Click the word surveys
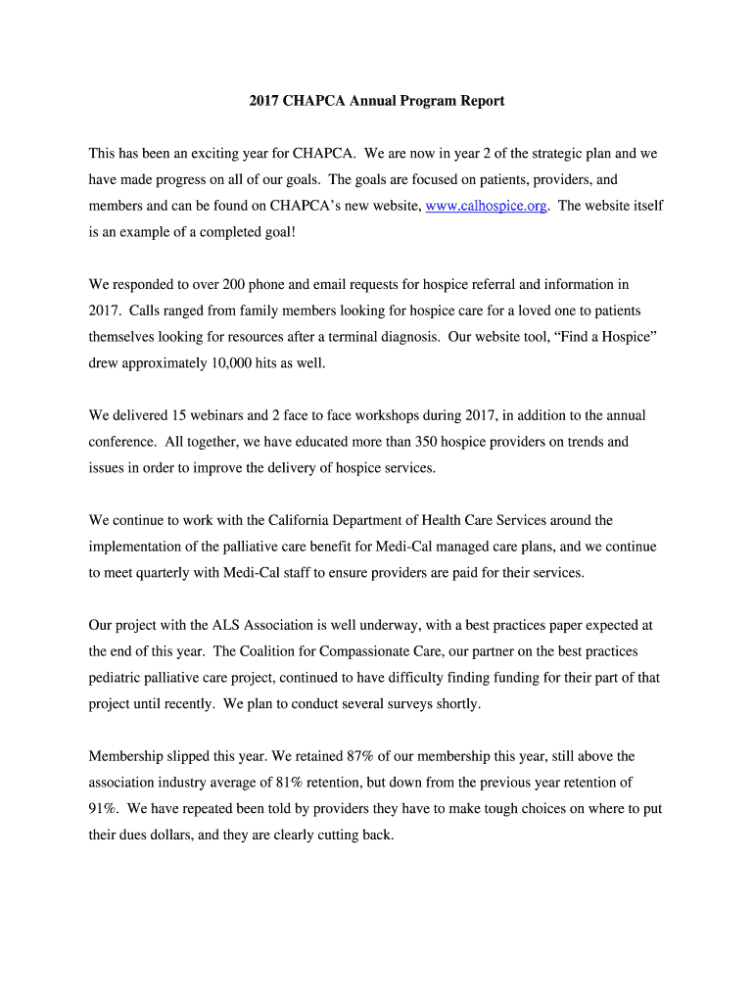[425, 704]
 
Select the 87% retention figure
[350, 756]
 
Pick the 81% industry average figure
[297, 783]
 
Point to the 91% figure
[104, 809]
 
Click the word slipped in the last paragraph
[189, 756]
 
